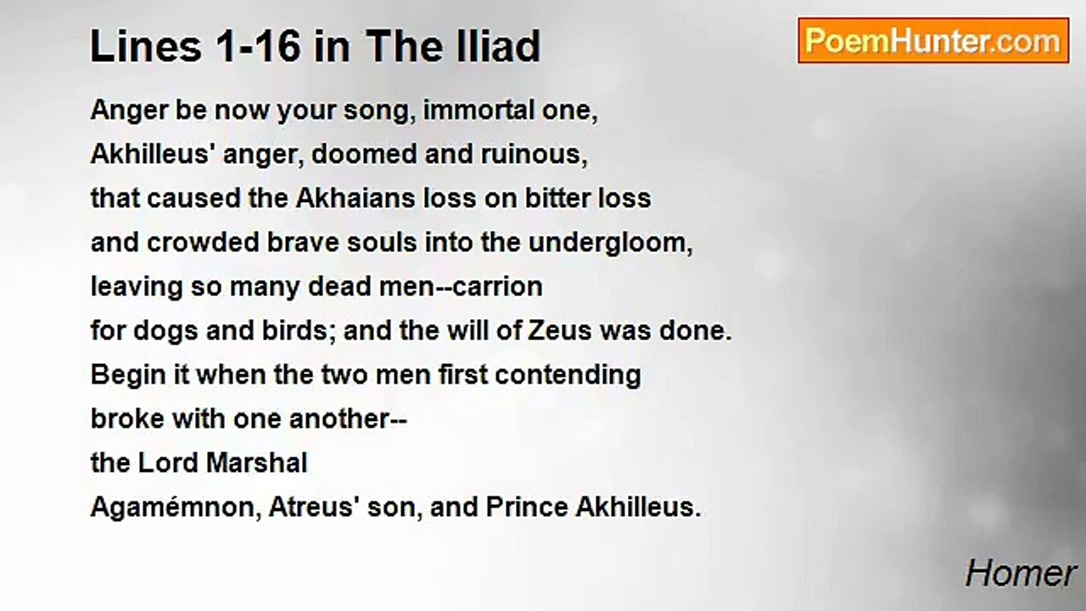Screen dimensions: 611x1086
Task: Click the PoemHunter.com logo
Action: click(933, 41)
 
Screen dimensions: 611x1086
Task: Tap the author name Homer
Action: click(1021, 575)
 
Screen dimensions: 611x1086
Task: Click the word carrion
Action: click(499, 287)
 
